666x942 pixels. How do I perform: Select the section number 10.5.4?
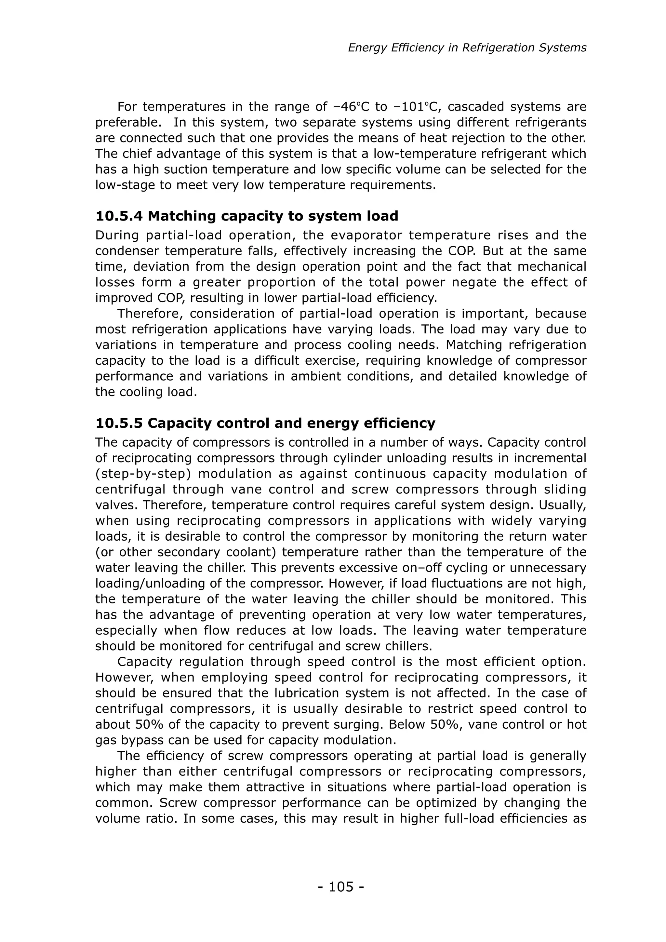[x=119, y=216]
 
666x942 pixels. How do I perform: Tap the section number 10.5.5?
[x=119, y=423]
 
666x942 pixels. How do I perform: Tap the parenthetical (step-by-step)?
[x=143, y=474]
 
